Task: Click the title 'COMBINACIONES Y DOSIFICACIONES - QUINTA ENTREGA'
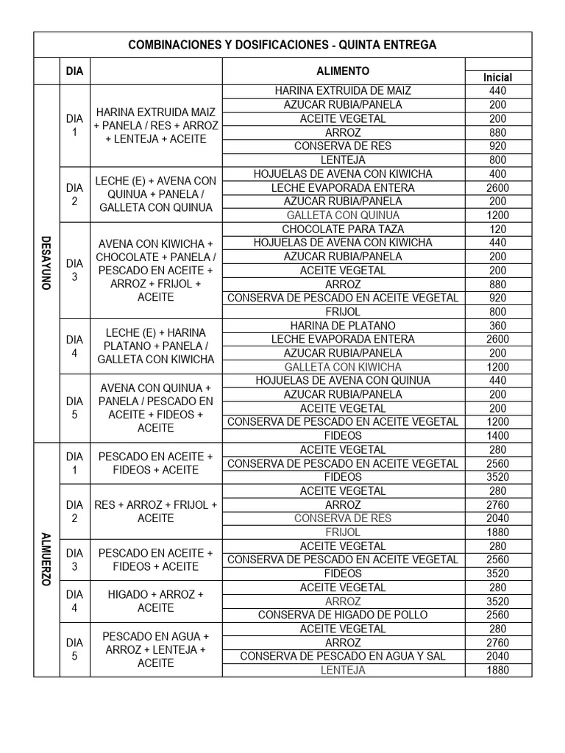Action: pos(282,45)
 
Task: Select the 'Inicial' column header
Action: pos(497,77)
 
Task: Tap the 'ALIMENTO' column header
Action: pos(343,71)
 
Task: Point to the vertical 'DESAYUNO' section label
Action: pos(46,263)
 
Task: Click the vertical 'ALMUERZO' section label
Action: pos(46,560)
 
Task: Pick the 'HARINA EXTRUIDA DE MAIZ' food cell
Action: pos(343,91)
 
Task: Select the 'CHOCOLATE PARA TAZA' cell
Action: pos(343,229)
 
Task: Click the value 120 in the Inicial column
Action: pos(497,229)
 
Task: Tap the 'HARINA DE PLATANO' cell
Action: pos(343,326)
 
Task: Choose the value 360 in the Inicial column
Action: pos(497,326)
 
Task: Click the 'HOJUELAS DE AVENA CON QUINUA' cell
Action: pos(343,381)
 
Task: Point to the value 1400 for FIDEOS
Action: pos(497,436)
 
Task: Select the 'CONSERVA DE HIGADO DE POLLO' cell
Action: pos(343,615)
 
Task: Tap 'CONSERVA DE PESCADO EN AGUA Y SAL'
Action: pos(343,656)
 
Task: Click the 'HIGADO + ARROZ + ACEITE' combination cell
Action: pos(155,601)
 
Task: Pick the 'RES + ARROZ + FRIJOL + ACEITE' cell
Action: pos(155,511)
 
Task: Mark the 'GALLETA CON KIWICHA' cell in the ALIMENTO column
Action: pos(343,367)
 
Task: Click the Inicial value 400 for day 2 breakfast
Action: pos(497,174)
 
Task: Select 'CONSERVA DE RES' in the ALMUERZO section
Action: pos(343,518)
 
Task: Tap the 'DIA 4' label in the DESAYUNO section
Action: pos(74,346)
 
